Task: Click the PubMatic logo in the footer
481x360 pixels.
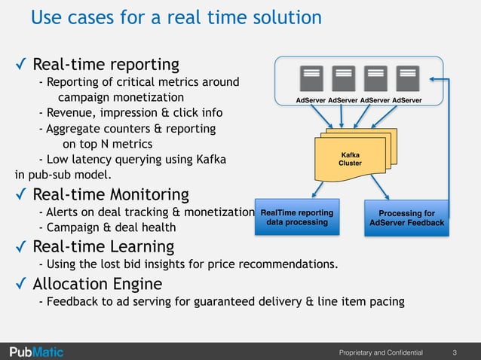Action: click(x=36, y=352)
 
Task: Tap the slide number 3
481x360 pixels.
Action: click(x=455, y=352)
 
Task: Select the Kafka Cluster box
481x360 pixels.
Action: click(x=351, y=159)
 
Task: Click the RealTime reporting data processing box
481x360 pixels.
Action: click(x=298, y=217)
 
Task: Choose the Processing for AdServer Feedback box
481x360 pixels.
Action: click(x=406, y=218)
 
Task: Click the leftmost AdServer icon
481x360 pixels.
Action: click(x=311, y=78)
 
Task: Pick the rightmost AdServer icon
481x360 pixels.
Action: click(x=407, y=78)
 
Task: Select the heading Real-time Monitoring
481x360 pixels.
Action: click(x=111, y=194)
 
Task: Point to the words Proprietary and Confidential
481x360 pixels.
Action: click(x=381, y=352)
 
